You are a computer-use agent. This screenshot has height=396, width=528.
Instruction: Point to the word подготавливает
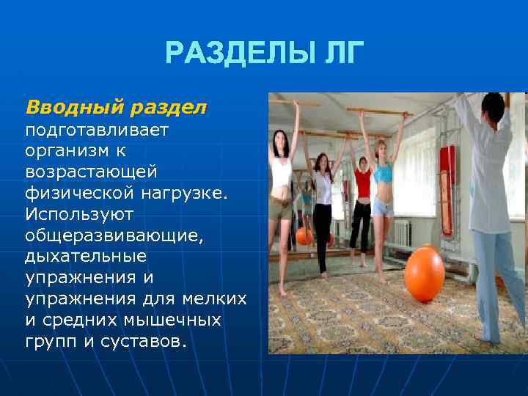[97, 131]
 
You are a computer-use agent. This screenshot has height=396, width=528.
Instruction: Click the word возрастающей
[91, 171]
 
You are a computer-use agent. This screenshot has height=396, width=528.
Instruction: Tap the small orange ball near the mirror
[304, 236]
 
